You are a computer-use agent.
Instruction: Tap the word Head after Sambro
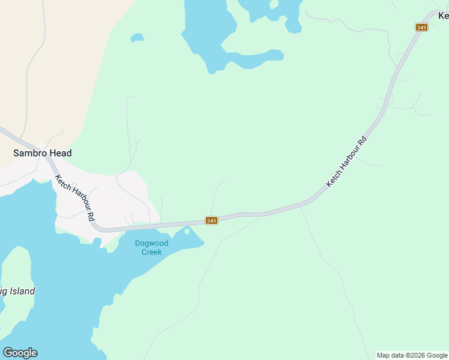point(61,153)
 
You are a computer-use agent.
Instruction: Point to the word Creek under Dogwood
point(151,252)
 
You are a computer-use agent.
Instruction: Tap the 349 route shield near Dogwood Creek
point(211,221)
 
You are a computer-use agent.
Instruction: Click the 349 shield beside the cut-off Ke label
point(421,27)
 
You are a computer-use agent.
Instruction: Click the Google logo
point(20,353)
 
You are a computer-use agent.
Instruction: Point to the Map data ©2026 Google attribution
point(412,355)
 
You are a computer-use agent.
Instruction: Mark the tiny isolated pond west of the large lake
point(137,38)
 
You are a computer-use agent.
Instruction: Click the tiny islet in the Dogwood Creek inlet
point(187,231)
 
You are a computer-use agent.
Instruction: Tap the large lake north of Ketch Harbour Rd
point(207,33)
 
